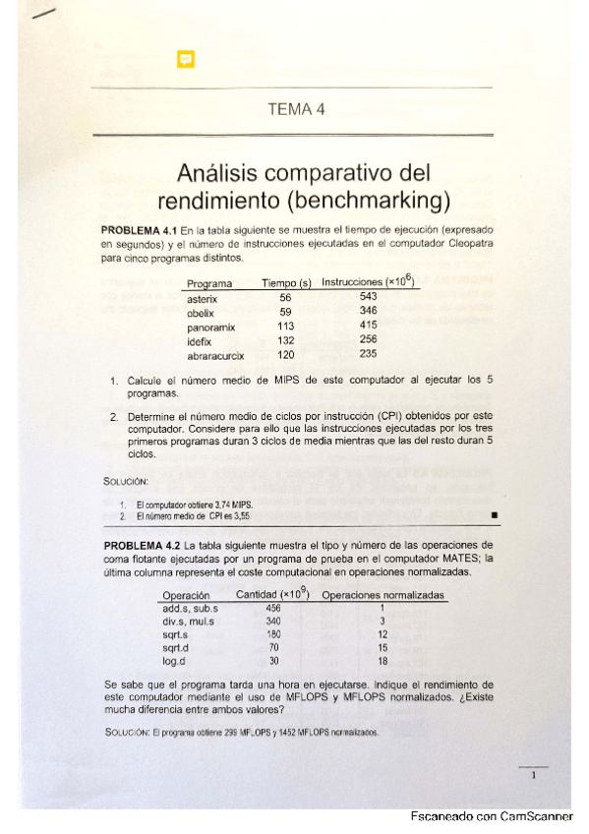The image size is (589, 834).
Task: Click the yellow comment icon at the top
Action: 185,60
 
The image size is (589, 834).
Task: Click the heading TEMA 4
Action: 295,109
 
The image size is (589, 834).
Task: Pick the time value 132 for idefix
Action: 285,339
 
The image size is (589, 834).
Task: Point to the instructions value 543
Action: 369,296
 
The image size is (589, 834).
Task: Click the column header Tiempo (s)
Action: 286,283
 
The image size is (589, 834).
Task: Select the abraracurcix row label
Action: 215,355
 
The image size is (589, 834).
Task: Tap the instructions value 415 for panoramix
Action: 369,326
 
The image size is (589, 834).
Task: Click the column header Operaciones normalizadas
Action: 383,595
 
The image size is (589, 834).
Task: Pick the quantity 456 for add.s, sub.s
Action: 273,608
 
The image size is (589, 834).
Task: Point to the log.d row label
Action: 177,661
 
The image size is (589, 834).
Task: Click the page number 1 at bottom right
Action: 532,776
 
